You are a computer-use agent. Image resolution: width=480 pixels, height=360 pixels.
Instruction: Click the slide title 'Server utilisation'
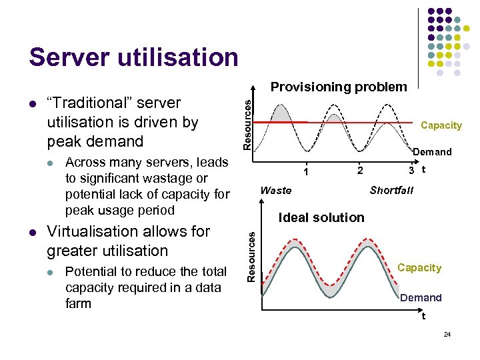tap(133, 57)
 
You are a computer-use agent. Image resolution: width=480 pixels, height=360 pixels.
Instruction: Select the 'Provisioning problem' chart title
tap(338, 87)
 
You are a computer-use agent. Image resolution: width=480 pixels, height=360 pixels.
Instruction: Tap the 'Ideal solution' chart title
tap(321, 217)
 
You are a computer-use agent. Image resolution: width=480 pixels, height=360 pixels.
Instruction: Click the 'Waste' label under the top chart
tap(276, 191)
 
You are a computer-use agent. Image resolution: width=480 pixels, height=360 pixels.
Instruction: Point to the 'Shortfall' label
tap(391, 191)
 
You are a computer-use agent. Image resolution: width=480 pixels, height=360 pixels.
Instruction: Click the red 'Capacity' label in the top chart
tap(441, 125)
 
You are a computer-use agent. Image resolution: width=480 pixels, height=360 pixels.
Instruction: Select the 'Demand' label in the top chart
tap(432, 152)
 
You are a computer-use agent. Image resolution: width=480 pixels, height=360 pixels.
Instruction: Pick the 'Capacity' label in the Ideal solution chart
tap(419, 268)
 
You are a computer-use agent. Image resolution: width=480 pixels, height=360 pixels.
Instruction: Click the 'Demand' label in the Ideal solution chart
tap(421, 298)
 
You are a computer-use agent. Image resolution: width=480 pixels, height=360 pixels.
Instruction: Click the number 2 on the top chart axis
tap(360, 171)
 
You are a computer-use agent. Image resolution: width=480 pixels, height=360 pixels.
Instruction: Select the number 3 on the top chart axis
tap(413, 171)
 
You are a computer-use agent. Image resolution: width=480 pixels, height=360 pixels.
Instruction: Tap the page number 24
tap(447, 333)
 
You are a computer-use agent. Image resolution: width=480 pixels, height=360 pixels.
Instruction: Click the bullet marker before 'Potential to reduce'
tap(51, 272)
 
